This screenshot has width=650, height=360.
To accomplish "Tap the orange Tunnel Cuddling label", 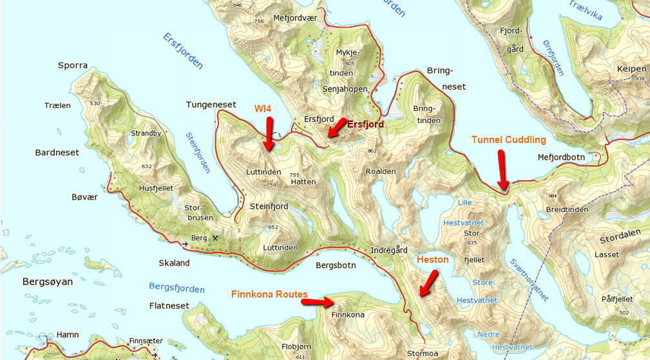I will [508, 140].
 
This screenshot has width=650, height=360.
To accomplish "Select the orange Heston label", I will [432, 260].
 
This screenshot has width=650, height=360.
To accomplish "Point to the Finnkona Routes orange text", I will [269, 294].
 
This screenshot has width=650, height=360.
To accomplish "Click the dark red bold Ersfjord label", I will [365, 124].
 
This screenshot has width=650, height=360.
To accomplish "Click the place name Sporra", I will [72, 66].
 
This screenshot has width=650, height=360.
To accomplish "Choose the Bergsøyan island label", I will [48, 282].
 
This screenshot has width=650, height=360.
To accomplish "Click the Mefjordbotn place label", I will [562, 157].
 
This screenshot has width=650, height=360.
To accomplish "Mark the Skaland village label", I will [175, 263].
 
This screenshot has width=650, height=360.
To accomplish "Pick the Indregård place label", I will [390, 250].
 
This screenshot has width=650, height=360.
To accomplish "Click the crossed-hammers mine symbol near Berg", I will [215, 238].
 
